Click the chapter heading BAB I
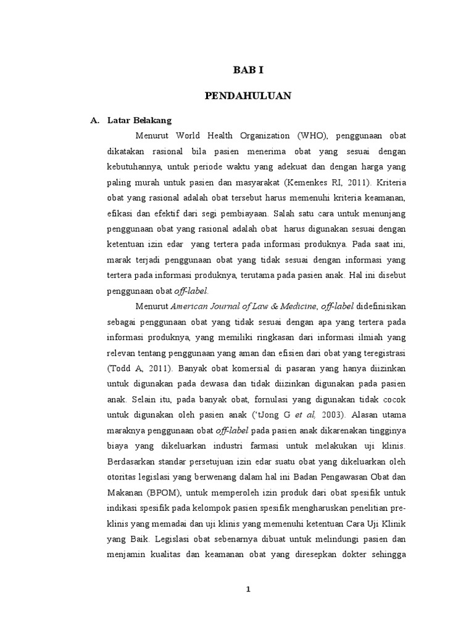point(247,70)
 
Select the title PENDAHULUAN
point(247,96)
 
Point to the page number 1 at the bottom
point(247,589)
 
